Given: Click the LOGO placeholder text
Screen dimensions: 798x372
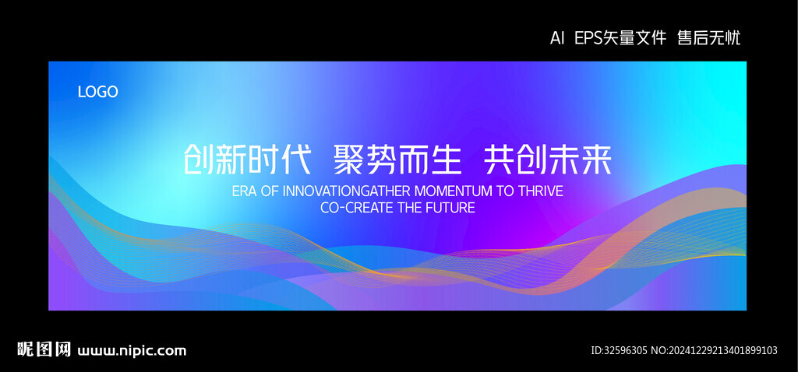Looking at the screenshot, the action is [x=97, y=92].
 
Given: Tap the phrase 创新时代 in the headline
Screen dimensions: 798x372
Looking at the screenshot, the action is [x=247, y=160].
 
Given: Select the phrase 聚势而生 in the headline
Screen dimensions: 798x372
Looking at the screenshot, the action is [x=397, y=160].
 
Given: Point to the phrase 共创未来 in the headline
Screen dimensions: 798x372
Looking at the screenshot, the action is [x=548, y=160].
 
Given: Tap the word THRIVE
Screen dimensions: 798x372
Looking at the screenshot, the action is [x=541, y=191].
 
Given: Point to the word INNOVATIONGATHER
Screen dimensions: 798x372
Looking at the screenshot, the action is [x=346, y=191].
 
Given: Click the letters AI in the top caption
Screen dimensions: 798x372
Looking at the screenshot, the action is [x=557, y=38].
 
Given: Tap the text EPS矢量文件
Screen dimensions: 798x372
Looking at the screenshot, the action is [x=620, y=38].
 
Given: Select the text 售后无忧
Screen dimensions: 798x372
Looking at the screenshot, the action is [x=708, y=38].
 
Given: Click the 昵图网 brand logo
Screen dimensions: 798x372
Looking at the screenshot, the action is [x=44, y=349].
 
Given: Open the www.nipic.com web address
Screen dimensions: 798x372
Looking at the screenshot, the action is [x=132, y=351].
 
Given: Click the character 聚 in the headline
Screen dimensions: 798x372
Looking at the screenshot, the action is [x=349, y=160].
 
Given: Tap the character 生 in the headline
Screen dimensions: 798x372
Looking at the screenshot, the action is [x=446, y=160].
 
